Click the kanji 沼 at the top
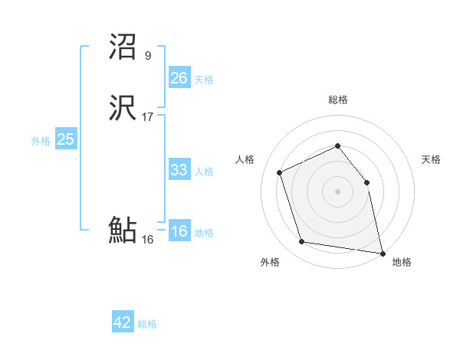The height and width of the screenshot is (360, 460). pyautogui.click(x=123, y=47)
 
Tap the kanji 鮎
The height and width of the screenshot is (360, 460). pyautogui.click(x=123, y=230)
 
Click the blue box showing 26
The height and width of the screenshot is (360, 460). pyautogui.click(x=179, y=77)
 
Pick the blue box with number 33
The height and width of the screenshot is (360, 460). pyautogui.click(x=179, y=170)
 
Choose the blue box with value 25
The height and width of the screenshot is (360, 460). pyautogui.click(x=66, y=139)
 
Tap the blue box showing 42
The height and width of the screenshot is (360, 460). pyautogui.click(x=123, y=322)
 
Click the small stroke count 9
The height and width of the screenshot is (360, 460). pyautogui.click(x=147, y=55)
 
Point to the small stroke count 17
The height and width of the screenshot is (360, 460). pyautogui.click(x=148, y=117)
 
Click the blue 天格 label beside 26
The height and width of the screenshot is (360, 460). pyautogui.click(x=204, y=80)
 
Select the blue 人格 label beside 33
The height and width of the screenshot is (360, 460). pyautogui.click(x=204, y=172)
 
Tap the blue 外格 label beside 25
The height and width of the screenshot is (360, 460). pyautogui.click(x=41, y=141)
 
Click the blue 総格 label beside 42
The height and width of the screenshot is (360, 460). pyautogui.click(x=147, y=324)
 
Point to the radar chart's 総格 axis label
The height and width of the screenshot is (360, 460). pyautogui.click(x=338, y=100)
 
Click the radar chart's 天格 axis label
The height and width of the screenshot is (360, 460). pyautogui.click(x=431, y=159)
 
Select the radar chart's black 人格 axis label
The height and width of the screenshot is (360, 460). pyautogui.click(x=245, y=159)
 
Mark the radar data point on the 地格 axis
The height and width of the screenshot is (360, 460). pyautogui.click(x=381, y=252)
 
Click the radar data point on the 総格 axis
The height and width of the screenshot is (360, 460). pyautogui.click(x=338, y=146)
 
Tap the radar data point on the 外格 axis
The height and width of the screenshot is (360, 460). pyautogui.click(x=302, y=243)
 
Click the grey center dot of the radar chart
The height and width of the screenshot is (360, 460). pyautogui.click(x=338, y=191)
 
